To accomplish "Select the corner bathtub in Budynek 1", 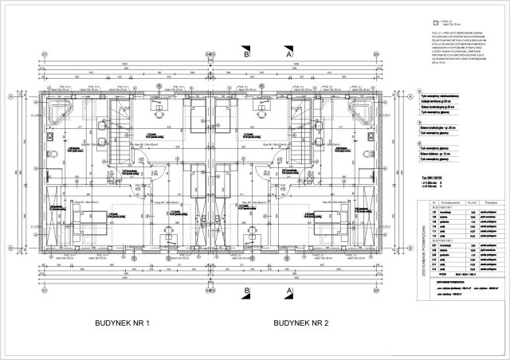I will pos(59,110).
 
